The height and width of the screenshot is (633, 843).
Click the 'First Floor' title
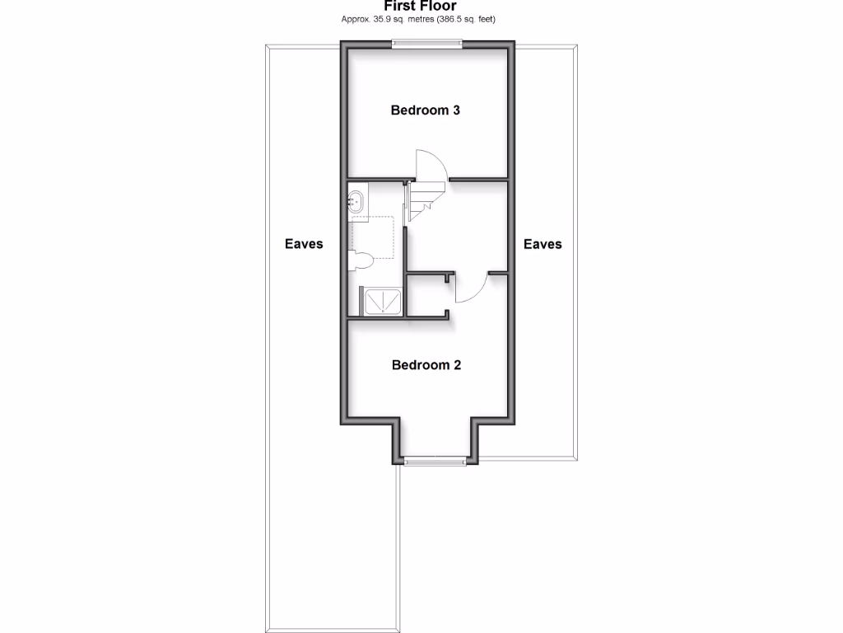[420, 6]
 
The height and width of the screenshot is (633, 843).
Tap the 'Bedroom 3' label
[425, 110]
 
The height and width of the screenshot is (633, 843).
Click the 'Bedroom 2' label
[426, 365]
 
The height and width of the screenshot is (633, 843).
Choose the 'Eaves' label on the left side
[304, 244]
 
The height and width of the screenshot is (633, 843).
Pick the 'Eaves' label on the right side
[543, 244]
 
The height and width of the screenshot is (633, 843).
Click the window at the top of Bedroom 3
[426, 45]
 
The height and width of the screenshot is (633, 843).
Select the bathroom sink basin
[356, 201]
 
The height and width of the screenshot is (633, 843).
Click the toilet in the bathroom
[361, 261]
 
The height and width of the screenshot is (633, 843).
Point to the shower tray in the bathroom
[381, 302]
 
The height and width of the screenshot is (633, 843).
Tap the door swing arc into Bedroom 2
[474, 290]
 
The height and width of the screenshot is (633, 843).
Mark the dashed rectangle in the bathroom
[377, 237]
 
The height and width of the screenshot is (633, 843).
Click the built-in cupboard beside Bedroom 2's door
[426, 296]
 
